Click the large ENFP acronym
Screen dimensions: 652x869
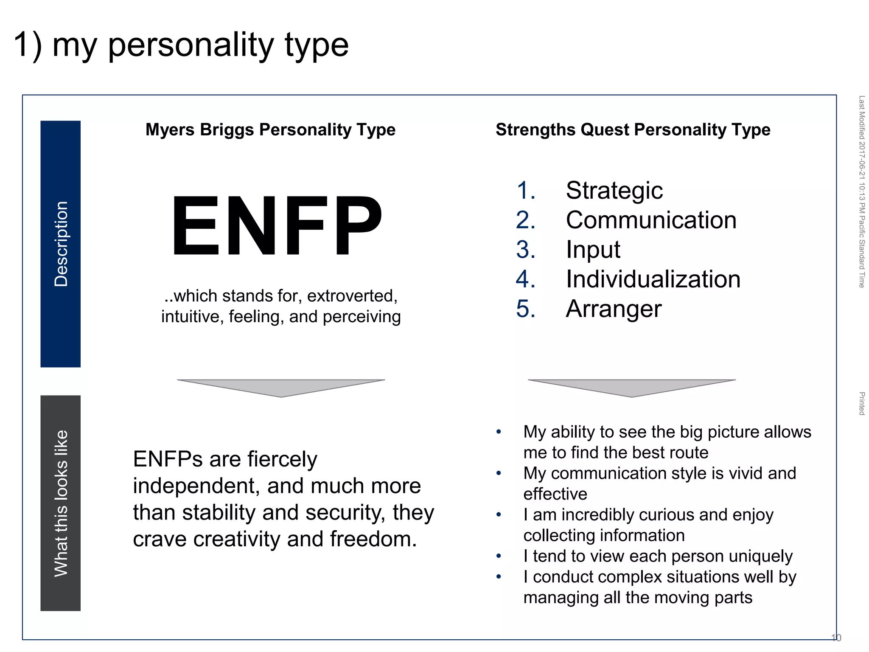(x=277, y=226)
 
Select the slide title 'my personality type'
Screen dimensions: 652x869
(x=181, y=45)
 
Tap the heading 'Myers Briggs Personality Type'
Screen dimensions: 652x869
(x=270, y=129)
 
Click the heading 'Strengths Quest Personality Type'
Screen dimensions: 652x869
(x=633, y=129)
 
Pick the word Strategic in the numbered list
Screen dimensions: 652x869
(x=614, y=190)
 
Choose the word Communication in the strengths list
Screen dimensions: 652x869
(x=651, y=220)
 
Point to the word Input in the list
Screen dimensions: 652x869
(x=593, y=250)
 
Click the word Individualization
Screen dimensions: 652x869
(x=653, y=279)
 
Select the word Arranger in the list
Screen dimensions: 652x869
(x=614, y=309)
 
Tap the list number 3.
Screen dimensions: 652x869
(x=525, y=250)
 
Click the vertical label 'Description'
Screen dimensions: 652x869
(x=61, y=244)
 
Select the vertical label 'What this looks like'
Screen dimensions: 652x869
(x=61, y=503)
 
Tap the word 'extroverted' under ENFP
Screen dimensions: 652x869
(x=352, y=296)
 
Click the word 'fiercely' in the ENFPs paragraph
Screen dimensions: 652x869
(x=282, y=459)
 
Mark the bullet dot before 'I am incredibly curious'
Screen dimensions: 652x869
(x=499, y=515)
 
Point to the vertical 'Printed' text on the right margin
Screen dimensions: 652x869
(x=862, y=403)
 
